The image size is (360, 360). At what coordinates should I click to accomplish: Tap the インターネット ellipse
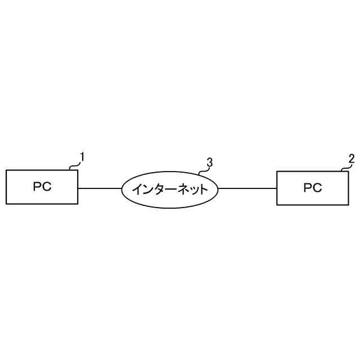point(170,189)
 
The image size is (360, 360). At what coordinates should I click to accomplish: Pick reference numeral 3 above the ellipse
point(209,163)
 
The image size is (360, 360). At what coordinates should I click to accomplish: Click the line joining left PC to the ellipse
point(100,188)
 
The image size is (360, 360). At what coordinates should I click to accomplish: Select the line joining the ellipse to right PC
point(247,188)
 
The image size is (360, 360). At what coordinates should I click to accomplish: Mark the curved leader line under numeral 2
point(344,167)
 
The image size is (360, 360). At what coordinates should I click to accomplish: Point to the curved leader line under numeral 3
point(202,169)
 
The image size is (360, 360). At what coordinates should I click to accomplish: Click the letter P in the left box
point(37,187)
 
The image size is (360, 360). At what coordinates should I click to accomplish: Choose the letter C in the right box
point(317,188)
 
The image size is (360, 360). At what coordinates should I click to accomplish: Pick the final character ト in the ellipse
point(203,189)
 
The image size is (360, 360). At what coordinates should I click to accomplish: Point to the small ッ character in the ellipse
point(192,190)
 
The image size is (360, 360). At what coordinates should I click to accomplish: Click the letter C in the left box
point(47,187)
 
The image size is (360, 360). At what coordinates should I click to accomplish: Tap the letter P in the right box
point(308,188)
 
